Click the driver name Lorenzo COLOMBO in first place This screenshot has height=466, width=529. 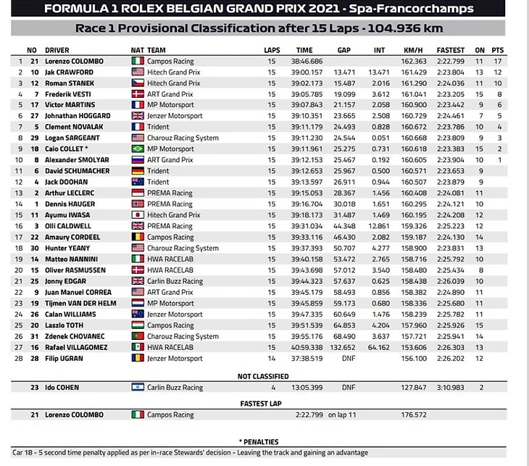75,62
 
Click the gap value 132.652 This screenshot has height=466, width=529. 344,347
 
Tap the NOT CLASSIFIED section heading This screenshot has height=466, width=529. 263,376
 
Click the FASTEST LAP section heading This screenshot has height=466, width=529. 264,403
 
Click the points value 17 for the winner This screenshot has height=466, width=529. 498,62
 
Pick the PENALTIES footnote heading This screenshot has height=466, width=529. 262,441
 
